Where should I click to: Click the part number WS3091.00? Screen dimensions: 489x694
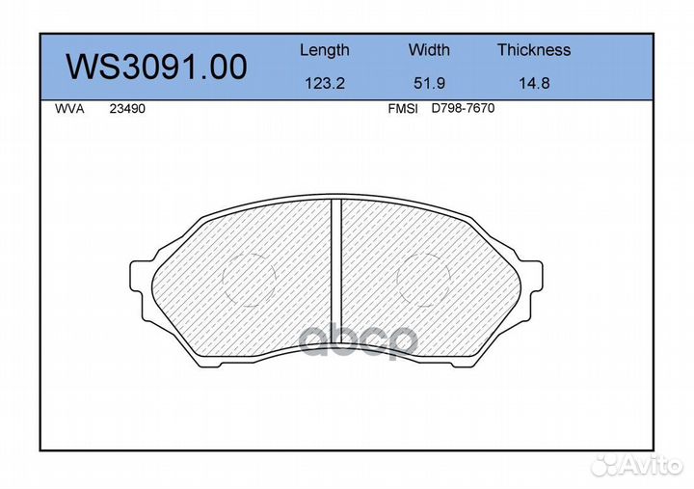click(x=155, y=67)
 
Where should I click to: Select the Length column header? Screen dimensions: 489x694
click(x=324, y=50)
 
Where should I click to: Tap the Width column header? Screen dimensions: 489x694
click(x=429, y=50)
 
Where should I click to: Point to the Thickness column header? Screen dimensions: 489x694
click(x=533, y=50)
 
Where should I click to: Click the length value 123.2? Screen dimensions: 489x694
click(x=324, y=83)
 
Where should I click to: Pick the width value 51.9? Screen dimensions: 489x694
click(x=429, y=83)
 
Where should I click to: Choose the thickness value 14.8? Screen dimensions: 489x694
click(x=533, y=83)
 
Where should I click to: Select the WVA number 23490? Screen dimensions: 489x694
click(x=127, y=109)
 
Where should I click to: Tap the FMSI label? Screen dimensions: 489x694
click(x=402, y=109)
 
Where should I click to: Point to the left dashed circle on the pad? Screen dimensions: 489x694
click(x=250, y=280)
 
